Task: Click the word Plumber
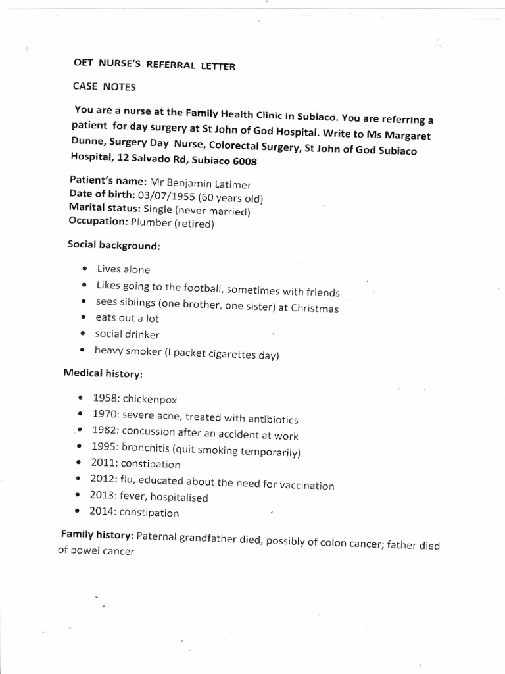coord(150,222)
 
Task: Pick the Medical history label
coord(103,373)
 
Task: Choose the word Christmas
coord(314,308)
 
